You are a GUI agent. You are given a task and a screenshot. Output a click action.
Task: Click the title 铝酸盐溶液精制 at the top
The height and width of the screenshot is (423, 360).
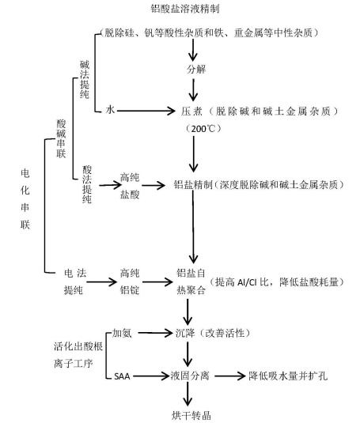185,9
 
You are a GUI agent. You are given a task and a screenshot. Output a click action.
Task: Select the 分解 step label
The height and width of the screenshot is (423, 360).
196,70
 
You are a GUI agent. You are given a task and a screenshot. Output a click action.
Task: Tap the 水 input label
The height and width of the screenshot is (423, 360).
110,110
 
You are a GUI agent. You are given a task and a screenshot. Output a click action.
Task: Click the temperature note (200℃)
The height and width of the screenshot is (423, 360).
203,129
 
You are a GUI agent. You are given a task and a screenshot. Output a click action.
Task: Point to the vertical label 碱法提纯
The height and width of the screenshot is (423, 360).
85,80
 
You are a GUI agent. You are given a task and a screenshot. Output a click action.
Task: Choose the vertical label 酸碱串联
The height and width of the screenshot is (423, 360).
61,138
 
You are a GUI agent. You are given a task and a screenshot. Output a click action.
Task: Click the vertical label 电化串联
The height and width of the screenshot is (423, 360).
25,199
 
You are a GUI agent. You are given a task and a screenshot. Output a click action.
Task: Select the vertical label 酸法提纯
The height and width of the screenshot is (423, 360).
87,184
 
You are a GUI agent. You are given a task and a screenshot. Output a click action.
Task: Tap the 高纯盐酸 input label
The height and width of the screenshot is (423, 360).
130,186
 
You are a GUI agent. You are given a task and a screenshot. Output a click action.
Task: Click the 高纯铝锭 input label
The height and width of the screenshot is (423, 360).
130,281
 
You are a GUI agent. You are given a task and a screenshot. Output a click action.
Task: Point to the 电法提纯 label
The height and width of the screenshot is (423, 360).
75,281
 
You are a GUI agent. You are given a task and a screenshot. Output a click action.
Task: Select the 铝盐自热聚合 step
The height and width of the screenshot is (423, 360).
191,281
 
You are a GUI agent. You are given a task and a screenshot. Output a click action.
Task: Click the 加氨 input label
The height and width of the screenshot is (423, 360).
122,333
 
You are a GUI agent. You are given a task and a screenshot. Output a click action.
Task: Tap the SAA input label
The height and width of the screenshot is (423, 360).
122,376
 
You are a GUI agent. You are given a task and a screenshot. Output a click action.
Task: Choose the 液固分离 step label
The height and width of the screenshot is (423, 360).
190,376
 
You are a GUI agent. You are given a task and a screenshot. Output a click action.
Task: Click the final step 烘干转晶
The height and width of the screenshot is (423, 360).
191,415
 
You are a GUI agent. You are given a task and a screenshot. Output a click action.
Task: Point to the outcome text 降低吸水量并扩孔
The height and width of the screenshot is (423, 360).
288,376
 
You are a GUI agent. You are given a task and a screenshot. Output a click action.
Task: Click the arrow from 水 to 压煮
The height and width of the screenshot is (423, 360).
146,111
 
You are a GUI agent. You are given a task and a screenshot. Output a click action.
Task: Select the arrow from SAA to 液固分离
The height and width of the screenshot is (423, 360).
150,376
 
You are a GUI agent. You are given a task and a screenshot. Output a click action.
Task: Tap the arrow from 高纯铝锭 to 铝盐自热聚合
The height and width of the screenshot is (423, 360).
157,282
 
